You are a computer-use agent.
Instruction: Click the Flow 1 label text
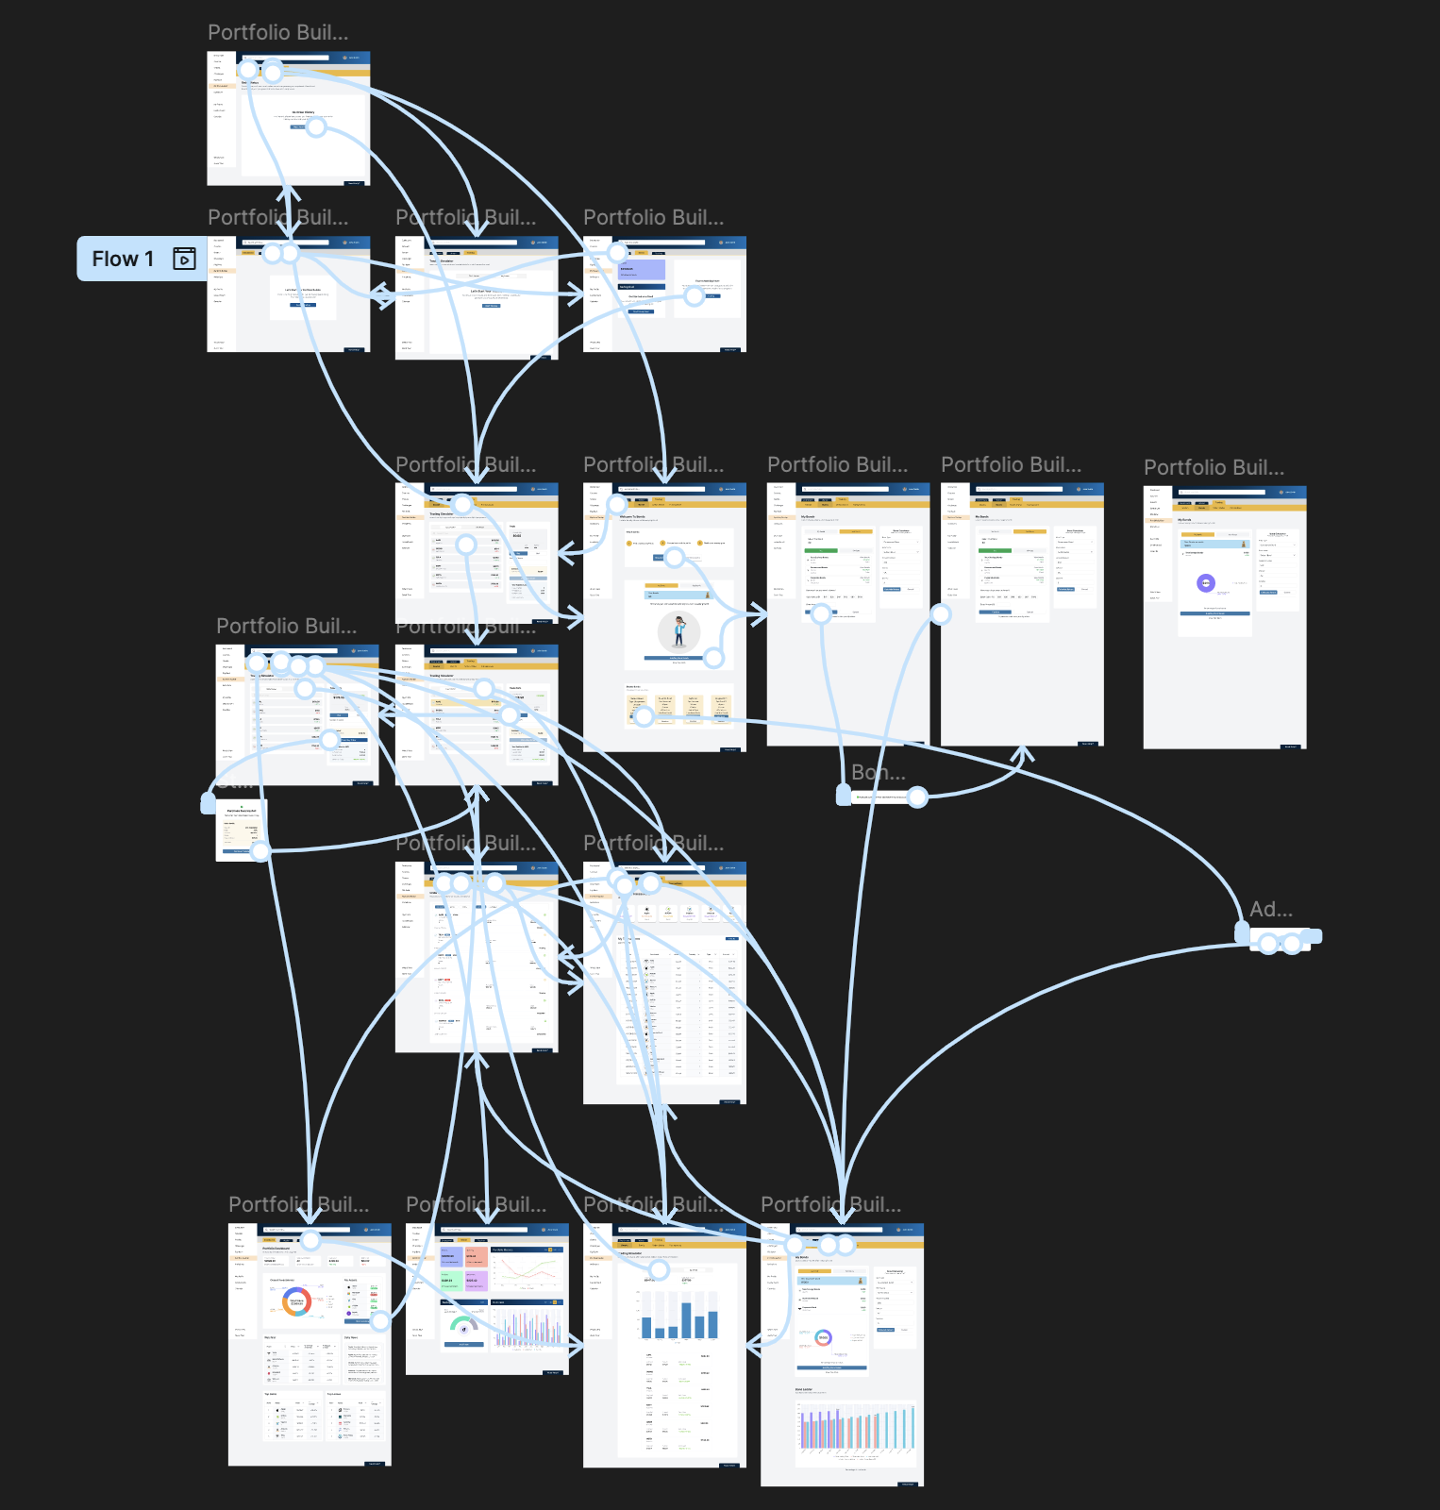[123, 259]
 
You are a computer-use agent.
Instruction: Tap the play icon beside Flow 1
[185, 259]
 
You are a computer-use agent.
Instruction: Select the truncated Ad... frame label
[1270, 910]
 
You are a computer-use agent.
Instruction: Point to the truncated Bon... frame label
[878, 773]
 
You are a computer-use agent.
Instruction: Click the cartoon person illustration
[679, 629]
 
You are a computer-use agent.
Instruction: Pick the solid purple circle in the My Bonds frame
[1206, 583]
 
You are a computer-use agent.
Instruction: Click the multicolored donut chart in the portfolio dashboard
[296, 1301]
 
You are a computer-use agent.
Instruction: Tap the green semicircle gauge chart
[463, 1324]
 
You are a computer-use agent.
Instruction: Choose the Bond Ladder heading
[803, 1389]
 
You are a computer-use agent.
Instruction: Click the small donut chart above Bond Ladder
[823, 1337]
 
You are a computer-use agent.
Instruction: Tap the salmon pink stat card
[476, 1256]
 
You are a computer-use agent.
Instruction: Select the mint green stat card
[449, 1280]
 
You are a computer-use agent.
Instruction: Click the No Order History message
[303, 112]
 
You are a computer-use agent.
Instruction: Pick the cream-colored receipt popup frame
[241, 829]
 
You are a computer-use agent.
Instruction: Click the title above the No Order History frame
[277, 33]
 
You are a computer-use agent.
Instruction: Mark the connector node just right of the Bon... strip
[917, 797]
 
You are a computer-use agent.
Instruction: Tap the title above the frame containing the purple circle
[1214, 468]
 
